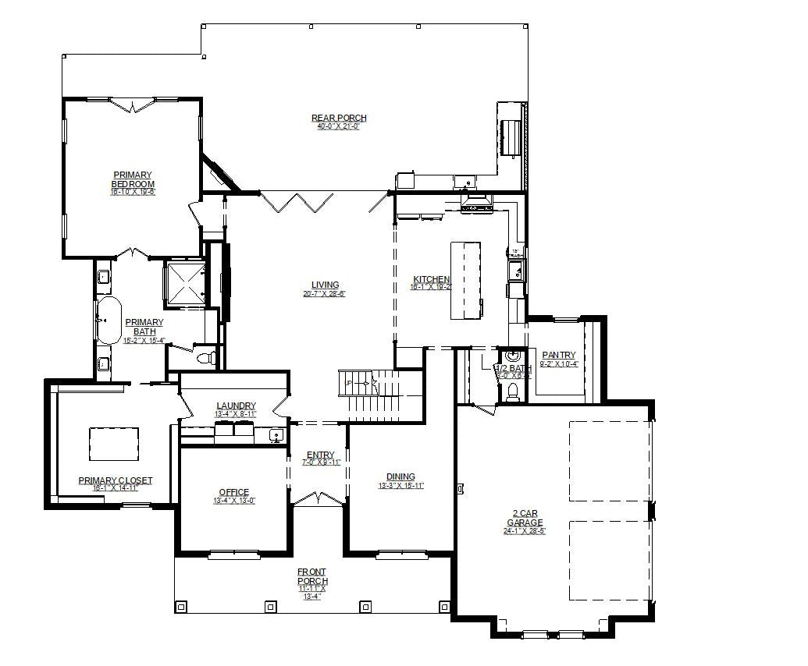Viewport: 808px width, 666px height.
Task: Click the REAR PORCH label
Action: pos(339,119)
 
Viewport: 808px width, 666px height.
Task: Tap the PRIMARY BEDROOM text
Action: pos(133,179)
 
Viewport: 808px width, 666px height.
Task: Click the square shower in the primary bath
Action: pos(185,282)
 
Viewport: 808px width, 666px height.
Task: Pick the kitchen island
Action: pos(465,280)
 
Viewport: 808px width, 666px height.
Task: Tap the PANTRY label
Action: pos(558,356)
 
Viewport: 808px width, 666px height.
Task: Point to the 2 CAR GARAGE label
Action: pos(525,518)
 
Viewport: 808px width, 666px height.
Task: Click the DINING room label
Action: pos(400,476)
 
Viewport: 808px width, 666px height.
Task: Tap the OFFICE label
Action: pos(234,492)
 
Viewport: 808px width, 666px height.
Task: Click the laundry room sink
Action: pos(275,435)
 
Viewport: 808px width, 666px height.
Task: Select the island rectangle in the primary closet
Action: pos(114,444)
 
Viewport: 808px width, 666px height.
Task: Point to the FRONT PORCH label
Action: pos(312,576)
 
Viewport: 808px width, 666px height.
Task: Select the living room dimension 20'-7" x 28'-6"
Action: pos(324,294)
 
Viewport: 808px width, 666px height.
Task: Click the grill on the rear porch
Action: pos(511,137)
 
